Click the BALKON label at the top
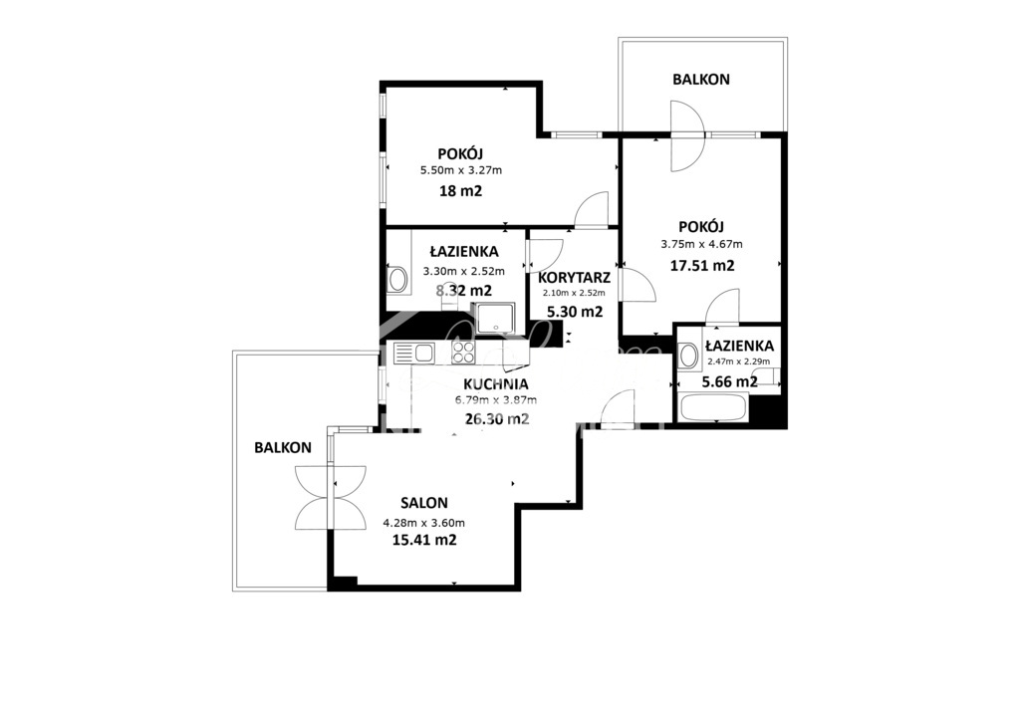click(x=700, y=79)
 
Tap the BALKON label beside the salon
click(x=283, y=448)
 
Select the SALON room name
click(x=424, y=503)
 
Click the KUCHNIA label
click(x=496, y=383)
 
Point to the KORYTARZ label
click(x=573, y=277)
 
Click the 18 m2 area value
click(x=461, y=190)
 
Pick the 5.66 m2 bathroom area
click(x=730, y=381)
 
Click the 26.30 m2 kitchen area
click(x=496, y=418)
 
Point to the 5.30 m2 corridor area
click(x=575, y=312)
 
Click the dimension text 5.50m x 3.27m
click(x=461, y=170)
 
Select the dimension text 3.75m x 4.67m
click(x=701, y=244)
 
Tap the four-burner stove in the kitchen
click(x=463, y=352)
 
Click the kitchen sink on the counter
click(x=413, y=352)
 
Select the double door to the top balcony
click(x=687, y=135)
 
